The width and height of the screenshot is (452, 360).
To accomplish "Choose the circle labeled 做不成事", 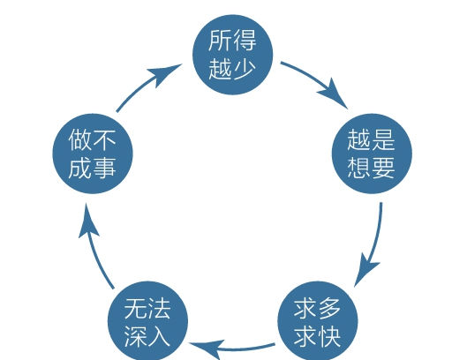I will tap(92, 152).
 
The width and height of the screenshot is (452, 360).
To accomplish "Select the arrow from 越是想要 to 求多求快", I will tap(374, 243).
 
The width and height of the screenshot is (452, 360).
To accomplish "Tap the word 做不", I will tap(92, 139).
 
